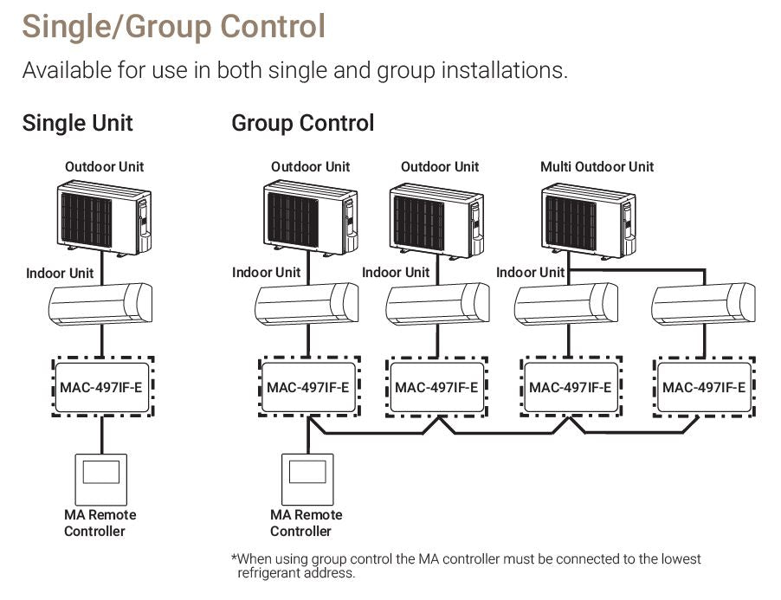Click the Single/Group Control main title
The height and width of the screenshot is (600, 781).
[174, 26]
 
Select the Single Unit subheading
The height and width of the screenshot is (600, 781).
[78, 123]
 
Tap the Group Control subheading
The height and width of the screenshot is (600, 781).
[302, 123]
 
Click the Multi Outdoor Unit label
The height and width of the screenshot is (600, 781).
[597, 166]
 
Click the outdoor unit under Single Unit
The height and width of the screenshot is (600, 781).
[104, 219]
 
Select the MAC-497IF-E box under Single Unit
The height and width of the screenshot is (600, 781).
[101, 387]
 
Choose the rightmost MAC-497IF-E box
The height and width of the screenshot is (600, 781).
[703, 387]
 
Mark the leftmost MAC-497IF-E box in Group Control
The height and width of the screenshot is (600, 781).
[308, 387]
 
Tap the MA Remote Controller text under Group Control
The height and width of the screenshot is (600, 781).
[306, 523]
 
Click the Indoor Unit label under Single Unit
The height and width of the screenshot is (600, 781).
[60, 273]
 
